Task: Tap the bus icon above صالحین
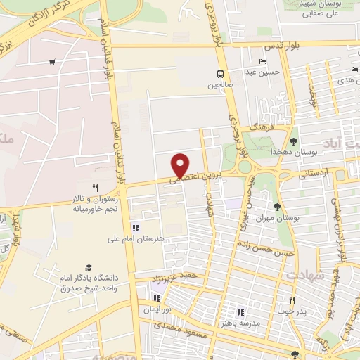(x=221, y=73)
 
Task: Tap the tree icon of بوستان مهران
(x=278, y=207)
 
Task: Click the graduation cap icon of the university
(x=89, y=267)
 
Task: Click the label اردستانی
(x=314, y=172)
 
